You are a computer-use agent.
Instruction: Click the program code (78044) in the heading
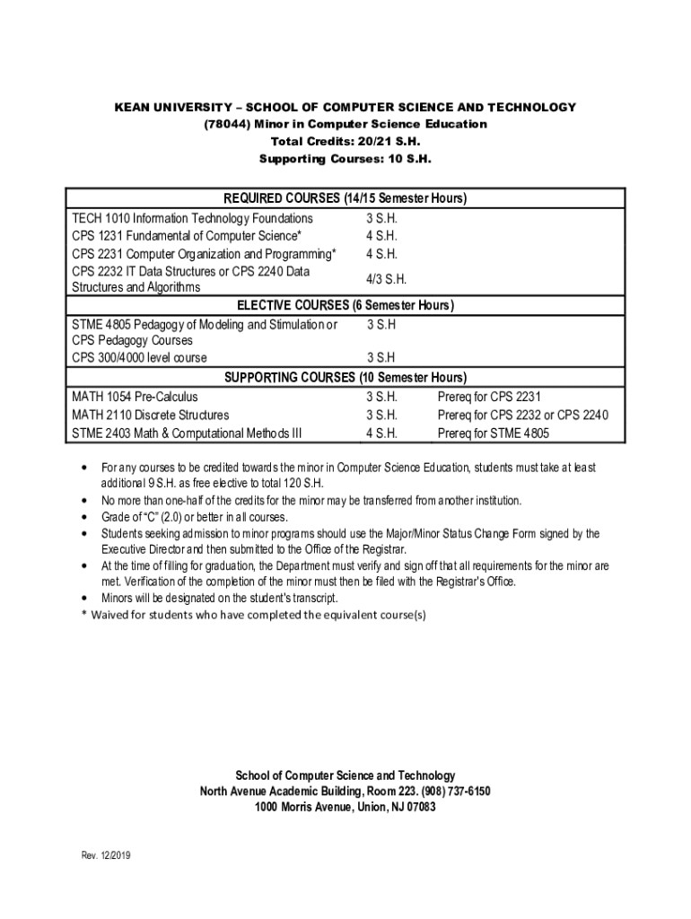tap(225, 125)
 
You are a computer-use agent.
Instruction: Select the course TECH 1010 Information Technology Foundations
tap(192, 219)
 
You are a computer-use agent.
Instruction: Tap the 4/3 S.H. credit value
tap(386, 279)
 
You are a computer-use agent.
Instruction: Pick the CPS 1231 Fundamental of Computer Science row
tap(186, 236)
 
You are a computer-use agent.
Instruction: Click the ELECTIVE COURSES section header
tap(345, 306)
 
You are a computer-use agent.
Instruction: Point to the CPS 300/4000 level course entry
tap(139, 357)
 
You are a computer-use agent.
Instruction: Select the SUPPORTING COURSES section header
tap(345, 378)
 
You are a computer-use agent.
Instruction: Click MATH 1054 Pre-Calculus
tap(135, 397)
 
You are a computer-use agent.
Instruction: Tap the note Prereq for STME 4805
tap(493, 433)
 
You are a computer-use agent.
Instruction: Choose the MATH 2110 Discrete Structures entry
tap(150, 416)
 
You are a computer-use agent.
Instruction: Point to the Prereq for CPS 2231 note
tap(489, 397)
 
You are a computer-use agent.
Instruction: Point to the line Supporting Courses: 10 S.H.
tap(345, 159)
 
